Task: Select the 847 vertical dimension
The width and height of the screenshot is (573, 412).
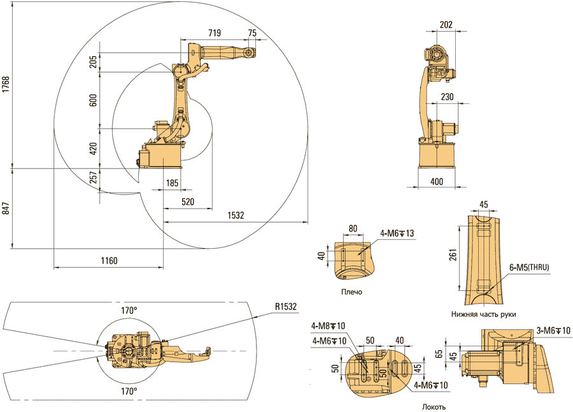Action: pos(6,209)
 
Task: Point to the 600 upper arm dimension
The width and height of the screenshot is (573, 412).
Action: pos(94,100)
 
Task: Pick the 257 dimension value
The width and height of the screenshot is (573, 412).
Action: pos(94,178)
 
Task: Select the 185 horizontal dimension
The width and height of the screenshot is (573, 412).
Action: pos(172,184)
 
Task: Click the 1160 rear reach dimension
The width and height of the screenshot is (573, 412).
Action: pos(108,260)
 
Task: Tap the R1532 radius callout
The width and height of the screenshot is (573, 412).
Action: pos(286,307)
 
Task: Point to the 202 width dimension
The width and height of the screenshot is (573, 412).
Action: pos(446,25)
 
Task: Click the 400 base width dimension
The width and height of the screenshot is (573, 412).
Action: pos(437,182)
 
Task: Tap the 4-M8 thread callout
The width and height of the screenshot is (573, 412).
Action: pos(329,327)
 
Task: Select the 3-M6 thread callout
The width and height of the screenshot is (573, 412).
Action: pos(553,330)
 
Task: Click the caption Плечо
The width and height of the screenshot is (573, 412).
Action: pos(351,291)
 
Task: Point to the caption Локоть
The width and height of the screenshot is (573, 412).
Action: pos(433,406)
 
